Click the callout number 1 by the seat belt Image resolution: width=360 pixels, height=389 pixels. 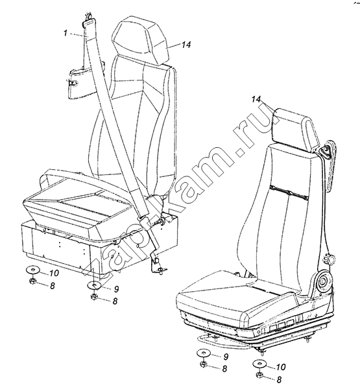(66, 33)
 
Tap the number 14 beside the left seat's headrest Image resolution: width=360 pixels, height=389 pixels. (186, 45)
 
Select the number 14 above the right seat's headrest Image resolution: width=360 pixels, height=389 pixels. (256, 99)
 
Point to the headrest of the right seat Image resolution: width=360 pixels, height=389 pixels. (296, 129)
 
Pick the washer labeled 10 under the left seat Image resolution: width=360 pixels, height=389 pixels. (32, 270)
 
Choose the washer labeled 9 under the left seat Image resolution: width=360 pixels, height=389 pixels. (94, 285)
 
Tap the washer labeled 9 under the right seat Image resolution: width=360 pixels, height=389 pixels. (204, 353)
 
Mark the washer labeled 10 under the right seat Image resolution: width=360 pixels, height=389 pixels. (259, 364)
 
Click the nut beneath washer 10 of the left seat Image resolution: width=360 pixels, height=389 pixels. (32, 281)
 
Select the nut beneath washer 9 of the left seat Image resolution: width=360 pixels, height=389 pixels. (94, 296)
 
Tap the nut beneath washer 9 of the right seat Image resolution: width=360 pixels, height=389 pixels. (204, 364)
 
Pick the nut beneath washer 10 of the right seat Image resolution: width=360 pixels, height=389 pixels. (259, 375)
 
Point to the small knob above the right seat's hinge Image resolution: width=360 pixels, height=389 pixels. (329, 259)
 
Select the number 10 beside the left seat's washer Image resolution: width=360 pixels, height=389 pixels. (54, 273)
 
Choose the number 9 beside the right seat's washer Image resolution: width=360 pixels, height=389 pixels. (226, 357)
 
